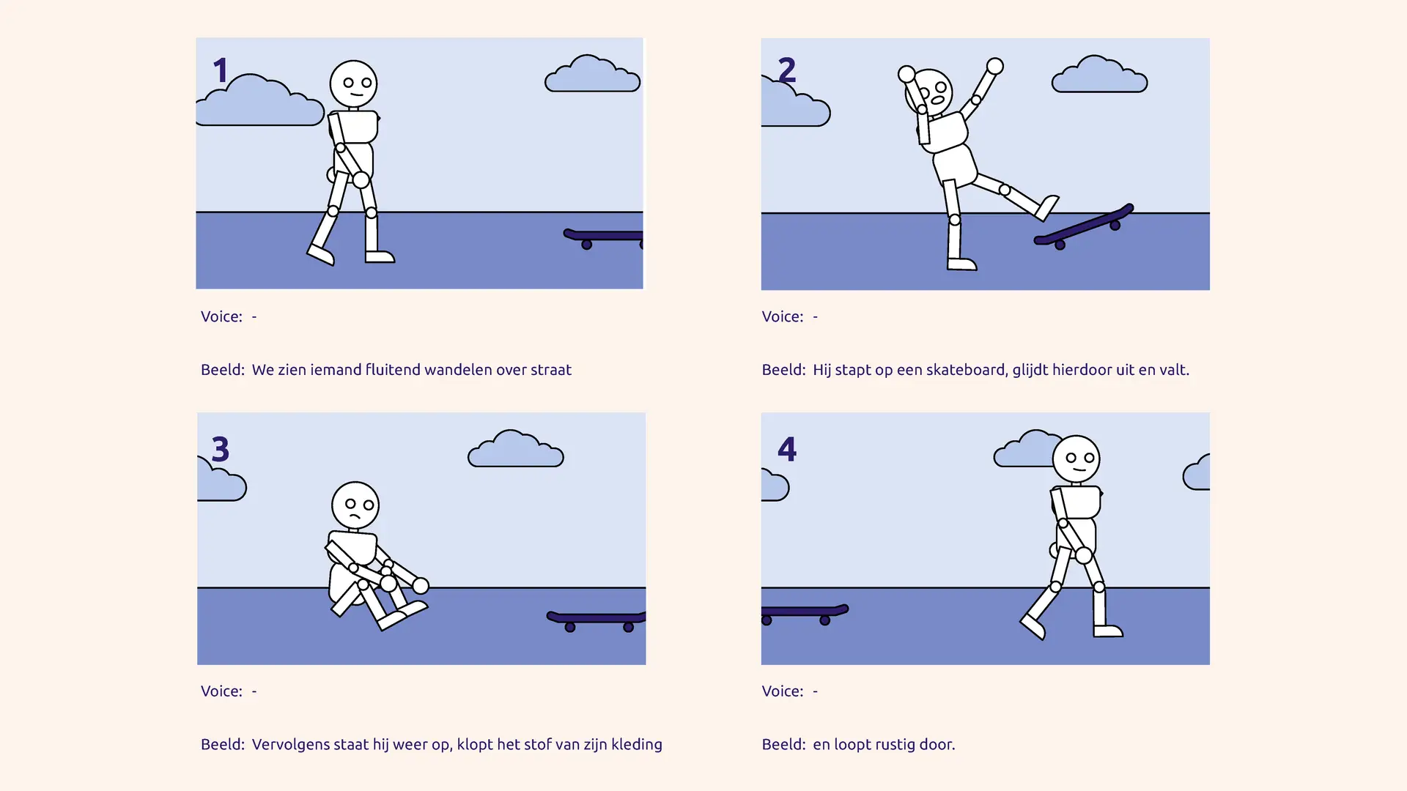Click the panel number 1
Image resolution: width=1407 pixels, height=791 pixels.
[x=221, y=70]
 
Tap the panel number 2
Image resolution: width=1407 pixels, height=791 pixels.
[x=787, y=70]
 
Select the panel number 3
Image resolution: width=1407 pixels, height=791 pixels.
[x=221, y=449]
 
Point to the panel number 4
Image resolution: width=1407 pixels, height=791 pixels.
[x=787, y=449]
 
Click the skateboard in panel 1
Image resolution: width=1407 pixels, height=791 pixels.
[x=603, y=238]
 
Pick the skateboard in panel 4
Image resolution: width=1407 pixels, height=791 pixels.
[x=805, y=614]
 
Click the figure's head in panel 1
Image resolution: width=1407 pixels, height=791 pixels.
[x=353, y=84]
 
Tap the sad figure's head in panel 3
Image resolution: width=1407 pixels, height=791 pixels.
[x=355, y=505]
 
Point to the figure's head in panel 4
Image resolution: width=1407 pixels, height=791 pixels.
[x=1076, y=459]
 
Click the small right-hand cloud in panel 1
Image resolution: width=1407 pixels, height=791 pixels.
[x=593, y=73]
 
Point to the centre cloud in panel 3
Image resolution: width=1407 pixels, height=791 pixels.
[x=516, y=448]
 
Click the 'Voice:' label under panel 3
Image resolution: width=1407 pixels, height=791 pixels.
[x=221, y=691]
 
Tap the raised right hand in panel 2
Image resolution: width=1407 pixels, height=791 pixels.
[x=994, y=67]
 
